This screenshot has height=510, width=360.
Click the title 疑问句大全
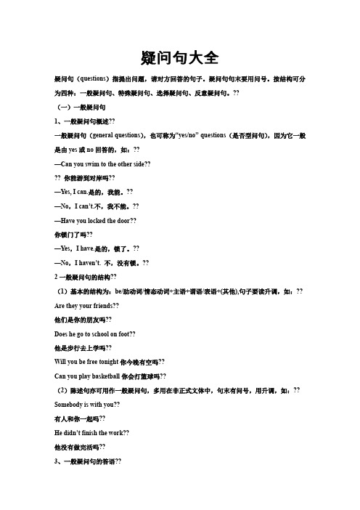point(179,57)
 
